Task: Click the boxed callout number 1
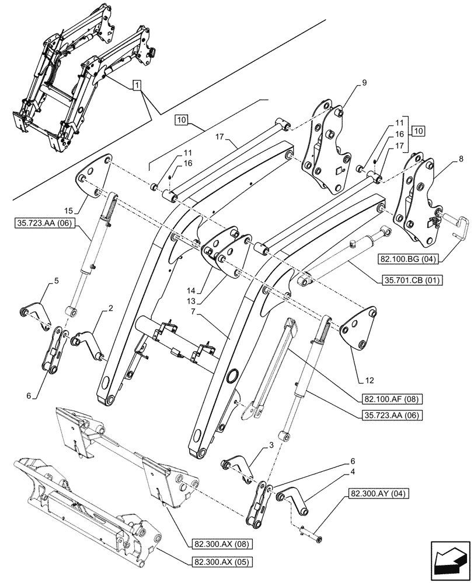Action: [136, 86]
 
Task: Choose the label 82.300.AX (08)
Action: [214, 545]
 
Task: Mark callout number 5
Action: [57, 280]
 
